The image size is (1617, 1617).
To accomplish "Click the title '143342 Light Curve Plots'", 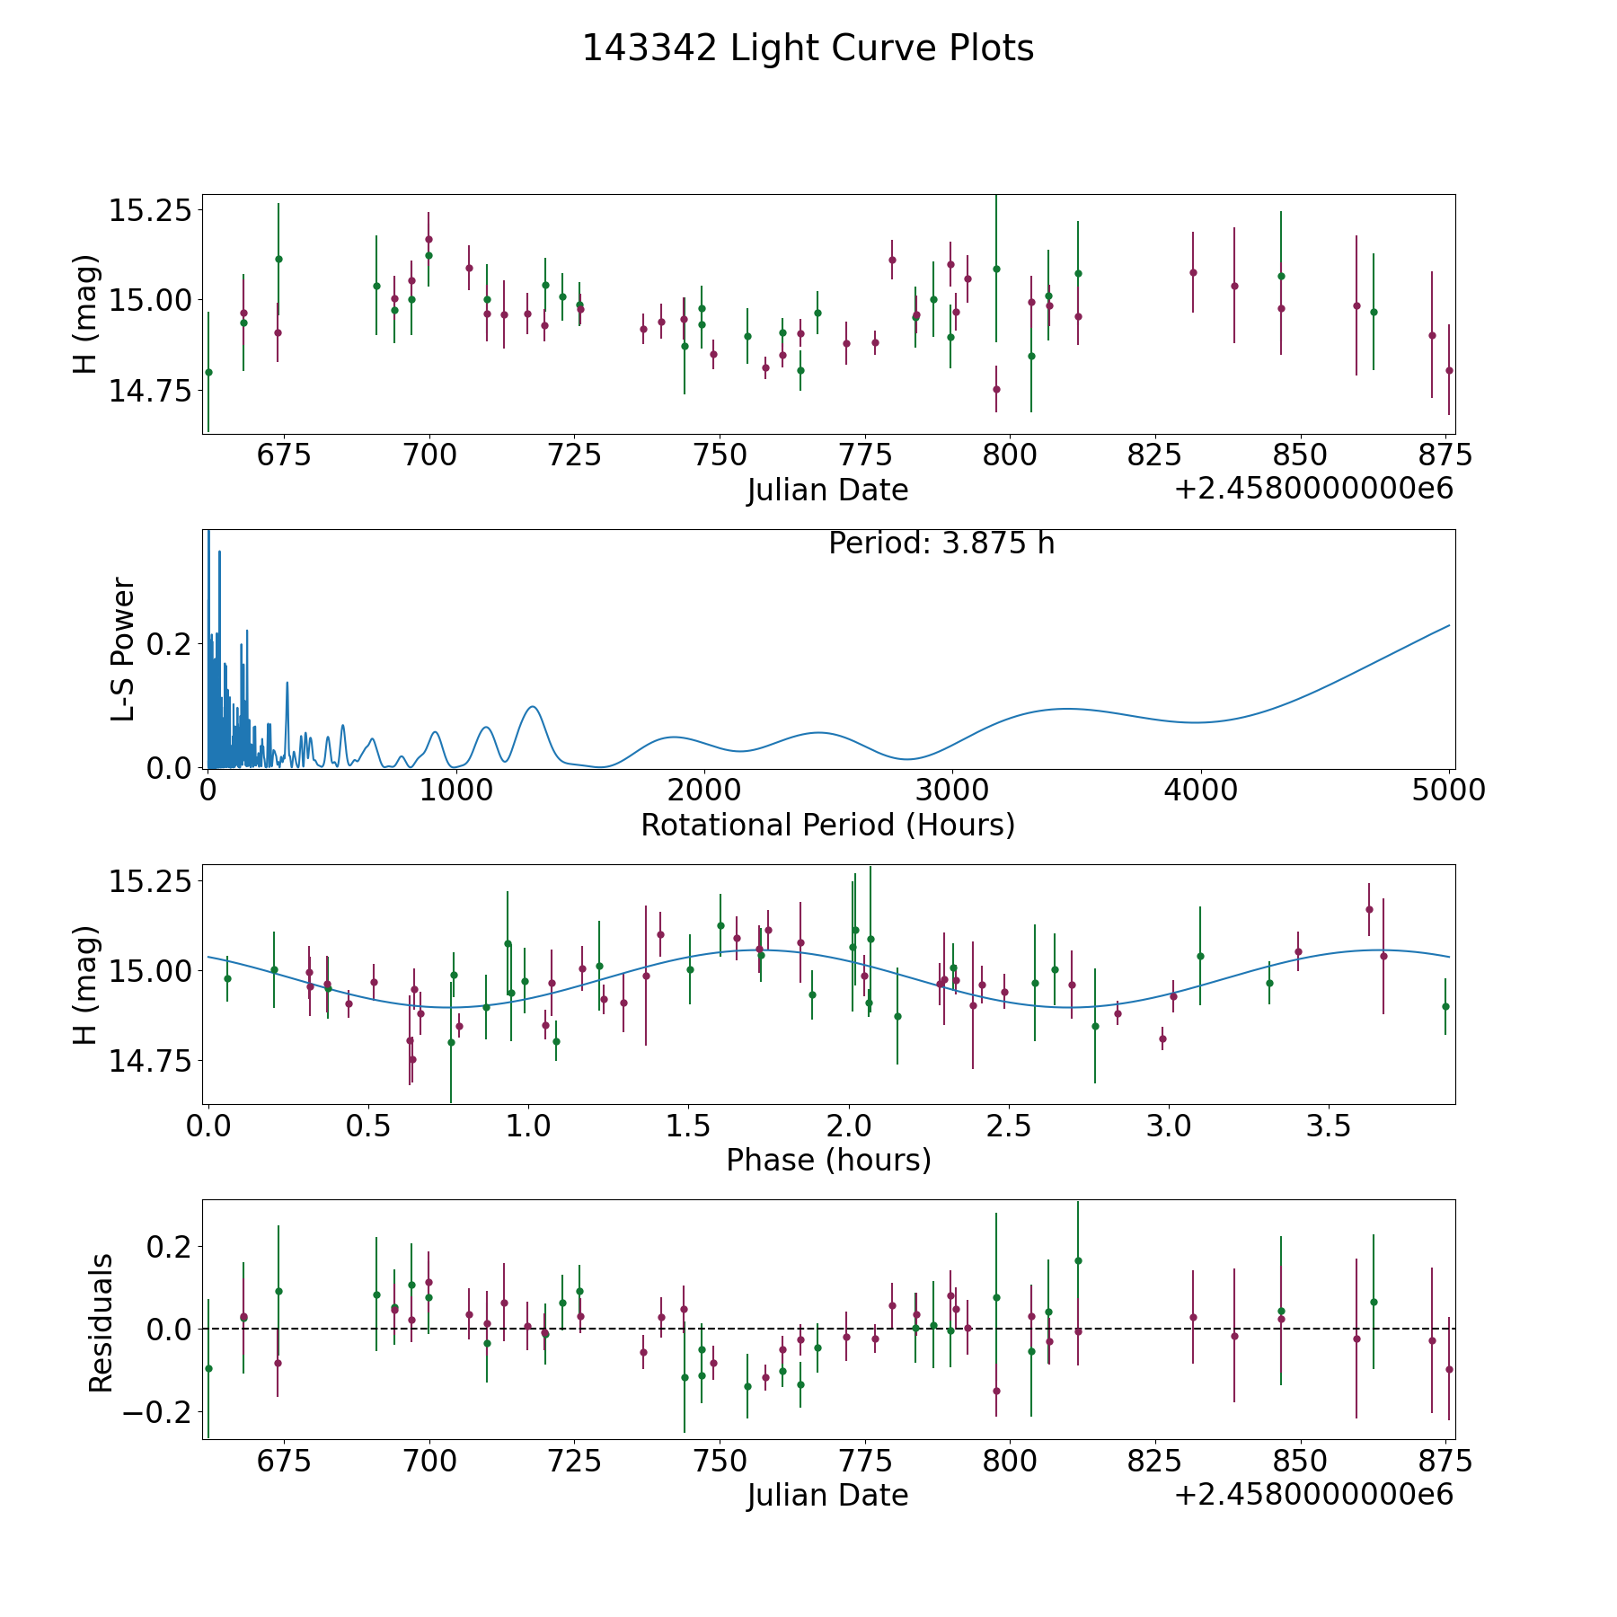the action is click(x=808, y=49).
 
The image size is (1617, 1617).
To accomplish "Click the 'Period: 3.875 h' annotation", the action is click(x=941, y=543).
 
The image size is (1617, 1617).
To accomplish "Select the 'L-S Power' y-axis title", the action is click(x=123, y=649).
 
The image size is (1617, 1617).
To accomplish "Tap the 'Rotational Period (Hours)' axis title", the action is click(x=827, y=825).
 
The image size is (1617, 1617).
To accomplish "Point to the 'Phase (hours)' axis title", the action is click(x=828, y=1161).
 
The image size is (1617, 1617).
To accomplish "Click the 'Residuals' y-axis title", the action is click(x=101, y=1322).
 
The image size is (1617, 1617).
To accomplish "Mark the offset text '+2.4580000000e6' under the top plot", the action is click(x=1314, y=489).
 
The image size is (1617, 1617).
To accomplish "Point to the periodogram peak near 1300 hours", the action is click(x=533, y=707).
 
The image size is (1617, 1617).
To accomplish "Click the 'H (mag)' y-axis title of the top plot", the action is click(x=84, y=314).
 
